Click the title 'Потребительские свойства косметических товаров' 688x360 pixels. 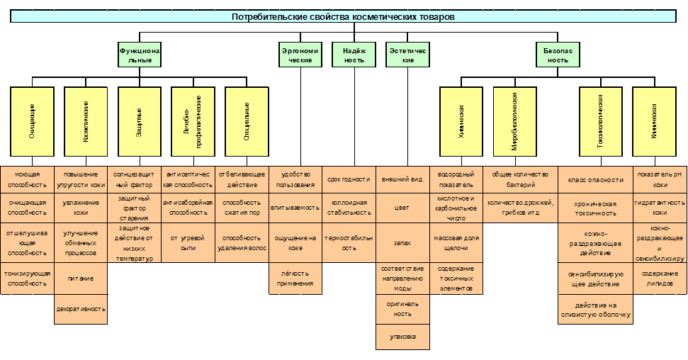(344, 16)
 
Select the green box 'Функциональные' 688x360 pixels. (140, 56)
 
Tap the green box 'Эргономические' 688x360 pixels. (300, 56)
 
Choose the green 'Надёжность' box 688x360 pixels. (354, 56)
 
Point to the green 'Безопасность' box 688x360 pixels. (557, 56)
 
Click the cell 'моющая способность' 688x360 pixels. (27, 179)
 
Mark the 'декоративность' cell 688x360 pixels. (81, 309)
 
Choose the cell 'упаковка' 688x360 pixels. (402, 336)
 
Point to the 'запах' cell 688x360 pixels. (402, 242)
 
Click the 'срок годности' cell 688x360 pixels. (349, 179)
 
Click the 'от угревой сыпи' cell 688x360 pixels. (188, 242)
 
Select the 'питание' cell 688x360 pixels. (81, 279)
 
